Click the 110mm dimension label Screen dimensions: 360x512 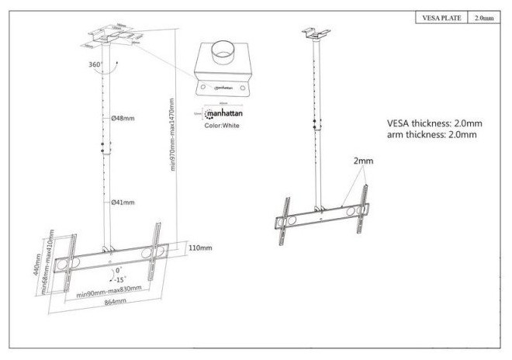coord(199,247)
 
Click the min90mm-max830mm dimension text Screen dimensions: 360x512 coord(109,291)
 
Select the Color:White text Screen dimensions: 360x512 coord(223,124)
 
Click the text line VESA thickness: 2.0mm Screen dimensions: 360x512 coord(434,123)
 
